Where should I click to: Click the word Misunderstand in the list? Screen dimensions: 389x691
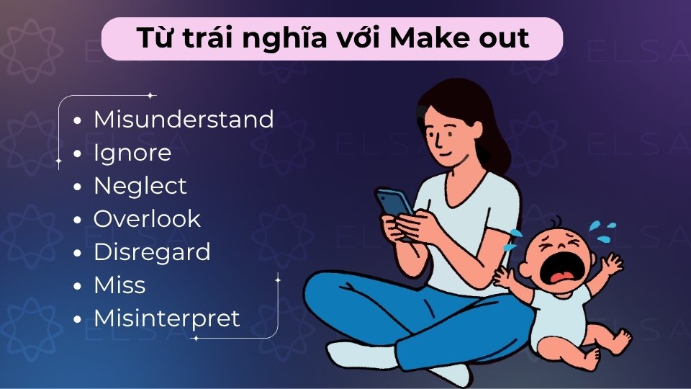184,120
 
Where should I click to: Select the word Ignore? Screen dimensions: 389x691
132,153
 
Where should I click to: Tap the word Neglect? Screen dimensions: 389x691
140,186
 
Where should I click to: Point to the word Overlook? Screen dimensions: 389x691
147,219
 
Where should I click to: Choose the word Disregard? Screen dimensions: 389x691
152,252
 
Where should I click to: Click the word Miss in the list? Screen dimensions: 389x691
119,285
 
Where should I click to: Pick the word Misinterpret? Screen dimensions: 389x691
167,318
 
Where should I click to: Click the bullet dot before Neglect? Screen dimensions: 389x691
78,187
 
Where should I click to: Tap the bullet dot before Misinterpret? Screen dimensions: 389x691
78,319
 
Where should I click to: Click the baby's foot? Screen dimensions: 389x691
620,339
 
